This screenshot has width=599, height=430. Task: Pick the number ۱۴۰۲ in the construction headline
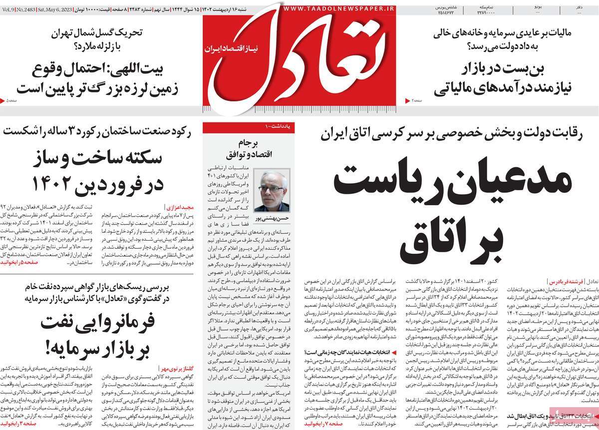click(x=65, y=185)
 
